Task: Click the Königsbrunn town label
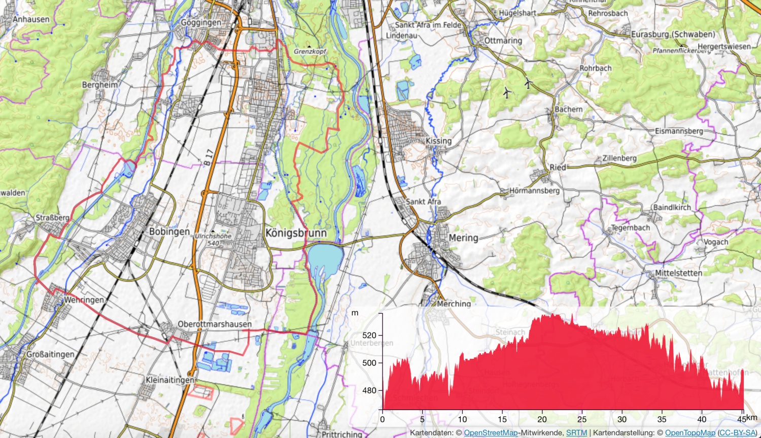[x=296, y=233]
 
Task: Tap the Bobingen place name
[x=169, y=231]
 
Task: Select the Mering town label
[x=463, y=238]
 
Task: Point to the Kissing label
[x=438, y=141]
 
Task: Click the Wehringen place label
[x=84, y=300]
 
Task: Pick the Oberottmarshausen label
[x=214, y=324]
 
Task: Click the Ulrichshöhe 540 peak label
[x=213, y=240]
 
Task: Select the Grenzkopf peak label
[x=310, y=51]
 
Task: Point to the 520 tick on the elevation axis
[x=369, y=335]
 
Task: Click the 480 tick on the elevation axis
[x=369, y=390]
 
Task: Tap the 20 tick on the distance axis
[x=542, y=419]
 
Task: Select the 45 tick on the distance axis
[x=742, y=419]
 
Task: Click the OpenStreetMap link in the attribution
[x=491, y=433]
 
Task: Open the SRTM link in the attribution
[x=576, y=433]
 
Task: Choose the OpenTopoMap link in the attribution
[x=690, y=433]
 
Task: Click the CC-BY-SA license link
[x=738, y=433]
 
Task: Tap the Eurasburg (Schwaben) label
[x=673, y=34]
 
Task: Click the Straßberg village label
[x=52, y=218]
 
